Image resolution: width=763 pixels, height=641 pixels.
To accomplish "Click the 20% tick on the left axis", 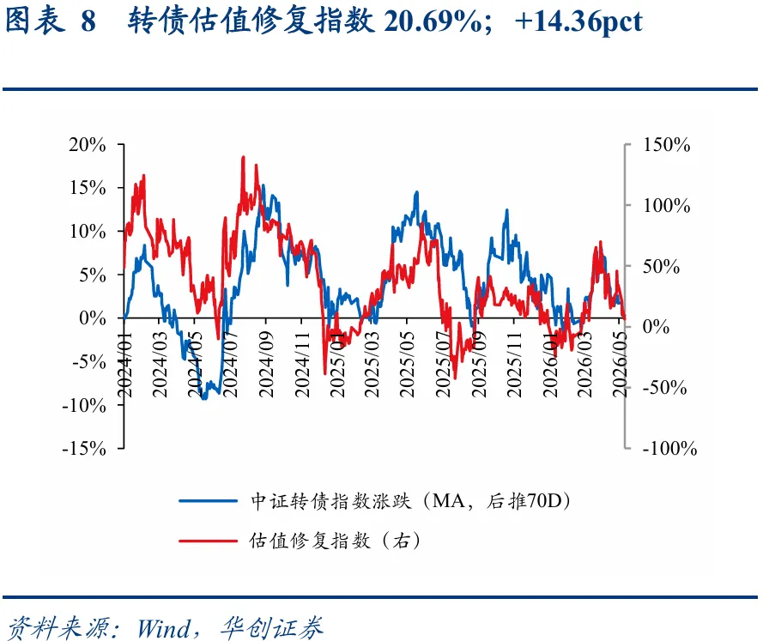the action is click(x=121, y=144).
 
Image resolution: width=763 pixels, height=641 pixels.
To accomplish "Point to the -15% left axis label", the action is click(x=84, y=449).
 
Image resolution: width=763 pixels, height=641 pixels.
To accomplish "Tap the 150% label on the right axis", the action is click(x=667, y=145).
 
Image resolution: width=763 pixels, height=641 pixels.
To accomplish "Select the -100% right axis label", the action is click(x=669, y=449).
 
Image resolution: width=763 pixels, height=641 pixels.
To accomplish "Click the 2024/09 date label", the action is click(x=266, y=365).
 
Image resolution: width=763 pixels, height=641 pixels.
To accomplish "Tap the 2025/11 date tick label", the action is click(x=513, y=365).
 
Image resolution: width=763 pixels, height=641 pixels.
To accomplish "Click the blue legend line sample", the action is click(x=208, y=500).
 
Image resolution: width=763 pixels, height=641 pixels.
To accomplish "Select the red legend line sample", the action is click(x=208, y=541).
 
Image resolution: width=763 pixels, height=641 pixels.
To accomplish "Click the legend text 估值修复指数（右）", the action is click(x=336, y=541).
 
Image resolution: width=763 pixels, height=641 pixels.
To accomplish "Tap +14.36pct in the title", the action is click(x=578, y=22).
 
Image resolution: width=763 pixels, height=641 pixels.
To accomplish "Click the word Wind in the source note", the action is click(x=163, y=628).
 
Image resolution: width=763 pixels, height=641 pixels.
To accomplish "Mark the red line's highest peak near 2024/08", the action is click(x=243, y=157).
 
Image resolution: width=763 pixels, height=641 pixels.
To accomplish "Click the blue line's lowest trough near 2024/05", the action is click(x=204, y=399).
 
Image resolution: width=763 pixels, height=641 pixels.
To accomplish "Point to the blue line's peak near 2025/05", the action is click(x=416, y=192).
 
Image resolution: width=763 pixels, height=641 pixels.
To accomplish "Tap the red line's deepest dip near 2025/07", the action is click(x=456, y=378).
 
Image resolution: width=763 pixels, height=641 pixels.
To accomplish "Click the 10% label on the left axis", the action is click(x=88, y=232).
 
